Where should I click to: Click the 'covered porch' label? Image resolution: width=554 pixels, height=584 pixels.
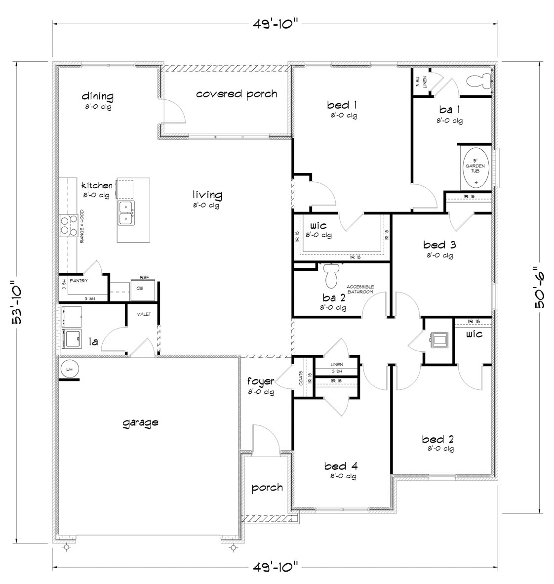(237, 94)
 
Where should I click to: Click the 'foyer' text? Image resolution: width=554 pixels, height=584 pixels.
(260, 381)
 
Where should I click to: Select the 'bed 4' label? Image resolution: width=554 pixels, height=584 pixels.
(341, 465)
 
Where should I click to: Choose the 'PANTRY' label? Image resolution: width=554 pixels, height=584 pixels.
(79, 281)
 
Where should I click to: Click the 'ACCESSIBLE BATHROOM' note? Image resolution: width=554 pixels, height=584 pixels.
(360, 289)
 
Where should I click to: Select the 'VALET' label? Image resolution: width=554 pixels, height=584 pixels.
(144, 314)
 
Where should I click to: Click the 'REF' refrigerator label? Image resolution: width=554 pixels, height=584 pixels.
(144, 278)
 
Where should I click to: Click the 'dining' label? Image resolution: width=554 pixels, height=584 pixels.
(97, 96)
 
